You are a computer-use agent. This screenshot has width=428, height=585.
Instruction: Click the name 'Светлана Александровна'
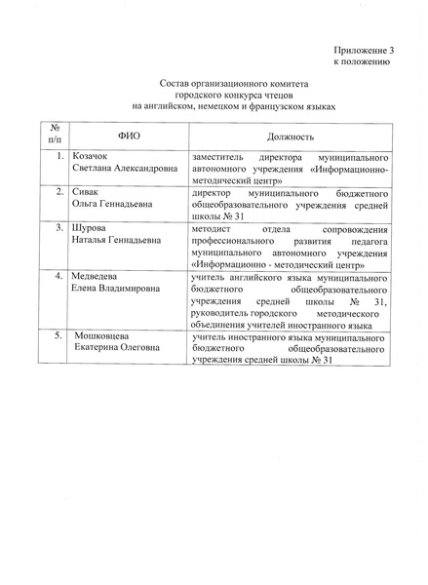[x=124, y=168]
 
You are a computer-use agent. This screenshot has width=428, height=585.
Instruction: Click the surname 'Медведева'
[x=95, y=278]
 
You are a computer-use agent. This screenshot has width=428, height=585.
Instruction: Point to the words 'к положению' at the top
[x=363, y=59]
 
